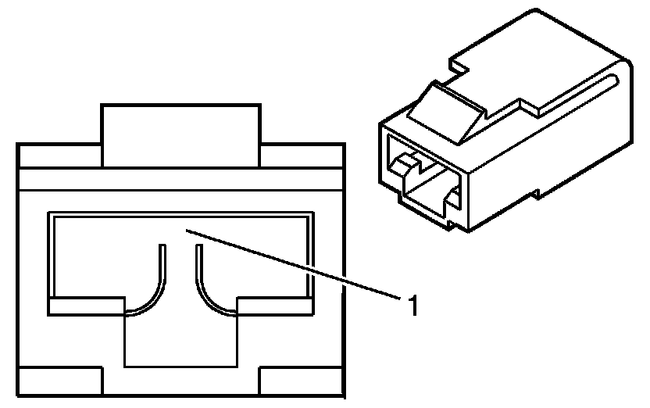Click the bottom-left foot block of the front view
point(59,383)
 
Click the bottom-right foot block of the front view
point(302,383)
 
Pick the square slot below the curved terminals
point(180,340)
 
